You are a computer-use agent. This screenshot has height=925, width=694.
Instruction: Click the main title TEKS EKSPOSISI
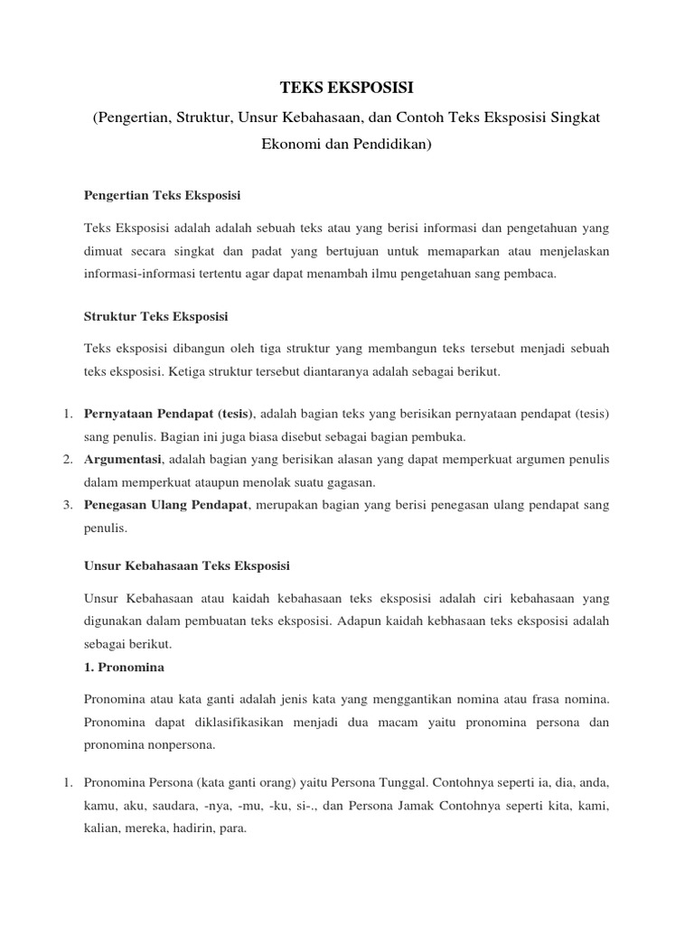[x=346, y=88]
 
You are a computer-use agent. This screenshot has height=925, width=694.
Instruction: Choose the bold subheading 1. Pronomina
[x=123, y=667]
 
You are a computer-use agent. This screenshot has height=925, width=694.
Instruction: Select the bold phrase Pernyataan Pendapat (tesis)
[x=169, y=414]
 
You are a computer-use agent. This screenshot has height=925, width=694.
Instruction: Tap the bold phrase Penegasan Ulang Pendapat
[x=165, y=504]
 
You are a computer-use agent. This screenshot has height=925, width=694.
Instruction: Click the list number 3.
[x=67, y=504]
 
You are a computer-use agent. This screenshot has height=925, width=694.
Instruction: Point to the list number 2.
[x=67, y=460]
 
